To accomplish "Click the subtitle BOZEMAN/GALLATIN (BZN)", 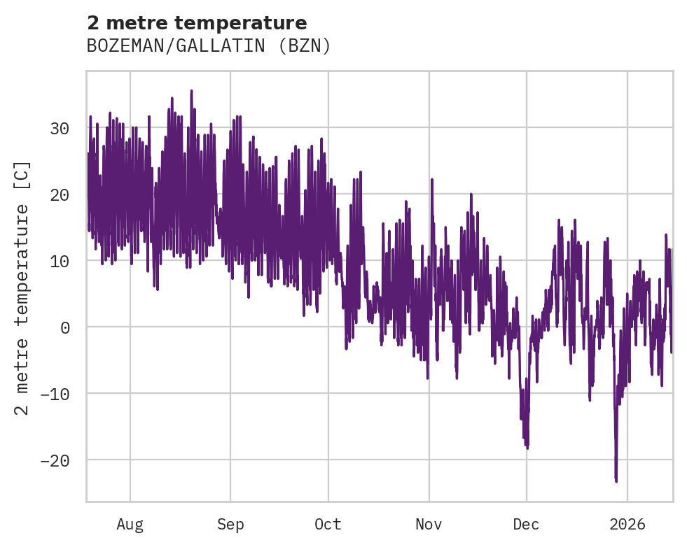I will [209, 46].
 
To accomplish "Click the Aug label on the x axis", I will [130, 524].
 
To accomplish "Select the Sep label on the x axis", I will [230, 524].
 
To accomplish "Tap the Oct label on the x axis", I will [328, 524].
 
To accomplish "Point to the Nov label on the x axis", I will [429, 524].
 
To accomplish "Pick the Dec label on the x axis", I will [526, 524].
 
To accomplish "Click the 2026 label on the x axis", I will [627, 524].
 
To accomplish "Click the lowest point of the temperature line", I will [616, 481].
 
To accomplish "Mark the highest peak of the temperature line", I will [191, 90].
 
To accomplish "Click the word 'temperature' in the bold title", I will [246, 23].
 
